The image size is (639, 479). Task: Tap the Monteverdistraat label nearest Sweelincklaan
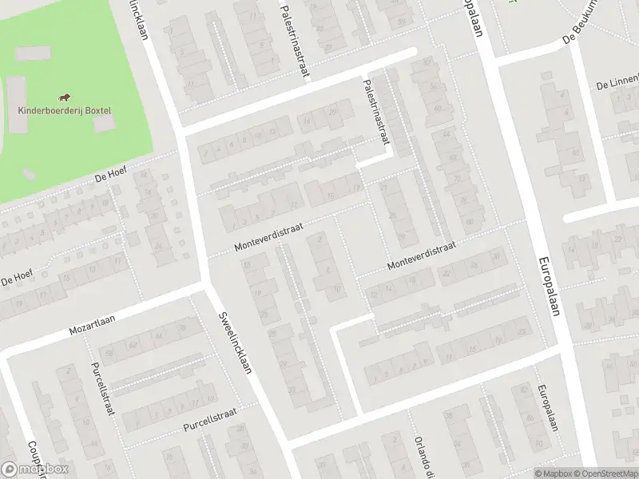(269, 237)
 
